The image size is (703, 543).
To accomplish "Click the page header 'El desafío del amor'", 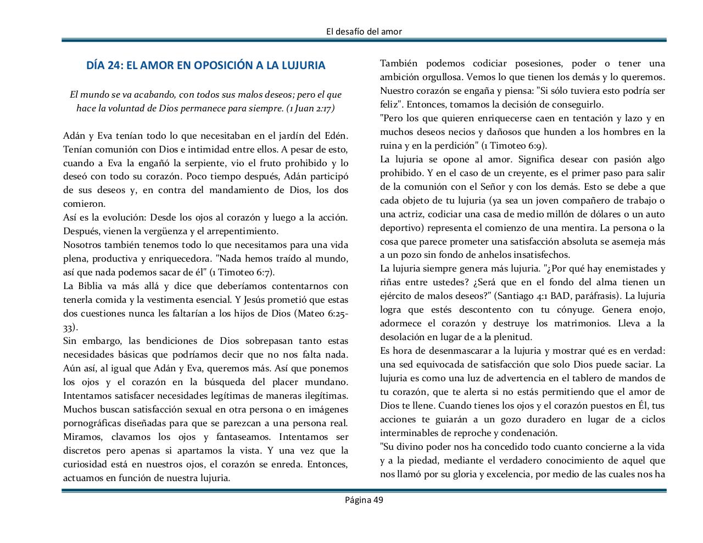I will (364, 31).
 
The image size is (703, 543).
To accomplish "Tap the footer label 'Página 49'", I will (364, 500).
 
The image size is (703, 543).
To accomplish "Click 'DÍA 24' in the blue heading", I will (104, 65).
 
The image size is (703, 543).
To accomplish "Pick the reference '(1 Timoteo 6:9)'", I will (514, 145).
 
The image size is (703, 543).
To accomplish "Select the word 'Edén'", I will (336, 135).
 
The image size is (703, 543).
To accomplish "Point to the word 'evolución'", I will (125, 217).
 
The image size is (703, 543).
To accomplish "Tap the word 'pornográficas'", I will (92, 423).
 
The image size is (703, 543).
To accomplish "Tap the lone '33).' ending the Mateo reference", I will (70, 327).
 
